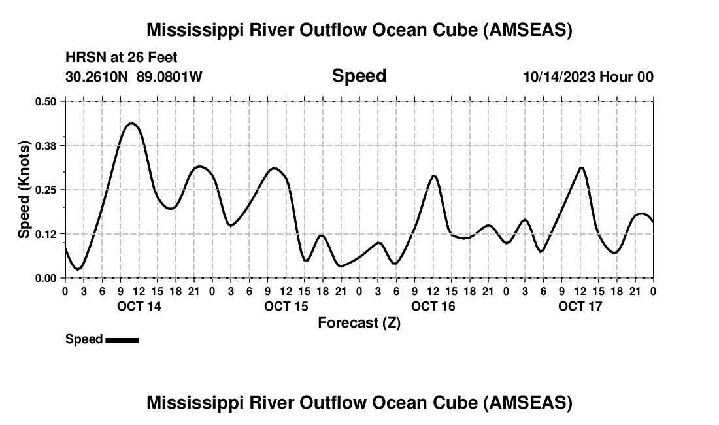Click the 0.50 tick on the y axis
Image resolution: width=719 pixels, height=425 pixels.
[46, 101]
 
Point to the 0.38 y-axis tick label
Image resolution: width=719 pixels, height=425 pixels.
[46, 145]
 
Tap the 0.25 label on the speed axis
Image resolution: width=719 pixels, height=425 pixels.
[46, 190]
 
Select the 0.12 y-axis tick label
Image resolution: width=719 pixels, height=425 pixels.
[46, 234]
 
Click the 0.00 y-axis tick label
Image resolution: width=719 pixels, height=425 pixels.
[46, 279]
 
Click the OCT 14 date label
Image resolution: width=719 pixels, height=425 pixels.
[139, 306]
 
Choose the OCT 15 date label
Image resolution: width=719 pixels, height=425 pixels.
[286, 306]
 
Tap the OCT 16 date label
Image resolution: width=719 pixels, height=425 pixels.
[433, 306]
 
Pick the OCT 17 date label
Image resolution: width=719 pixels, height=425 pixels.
[580, 306]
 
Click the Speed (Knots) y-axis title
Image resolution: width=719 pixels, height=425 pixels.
[24, 189]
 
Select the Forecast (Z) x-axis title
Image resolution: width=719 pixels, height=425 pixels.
[359, 323]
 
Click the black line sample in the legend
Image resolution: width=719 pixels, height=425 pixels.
[122, 340]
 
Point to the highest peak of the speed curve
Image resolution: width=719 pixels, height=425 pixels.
[131, 123]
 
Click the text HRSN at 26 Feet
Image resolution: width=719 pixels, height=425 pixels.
[122, 58]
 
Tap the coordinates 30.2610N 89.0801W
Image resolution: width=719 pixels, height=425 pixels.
[134, 77]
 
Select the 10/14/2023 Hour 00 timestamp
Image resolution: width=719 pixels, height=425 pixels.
[588, 77]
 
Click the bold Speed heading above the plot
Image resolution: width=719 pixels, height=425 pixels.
[359, 76]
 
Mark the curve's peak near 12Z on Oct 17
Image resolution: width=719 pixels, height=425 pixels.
[581, 167]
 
